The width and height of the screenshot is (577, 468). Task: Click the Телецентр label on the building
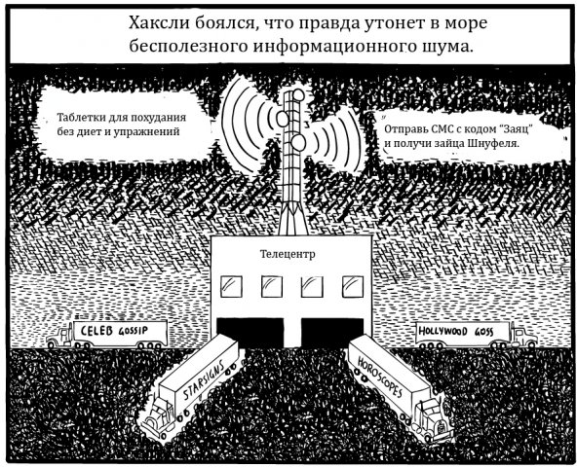(288, 254)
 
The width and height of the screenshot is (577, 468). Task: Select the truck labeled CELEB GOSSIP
(107, 335)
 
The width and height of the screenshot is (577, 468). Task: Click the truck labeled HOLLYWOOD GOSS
(477, 335)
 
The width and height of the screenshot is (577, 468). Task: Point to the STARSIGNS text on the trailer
(204, 380)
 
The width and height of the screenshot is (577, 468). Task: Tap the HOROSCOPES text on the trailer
(380, 378)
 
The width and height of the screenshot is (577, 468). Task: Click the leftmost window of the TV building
(231, 286)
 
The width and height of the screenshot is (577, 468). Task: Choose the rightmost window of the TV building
(353, 286)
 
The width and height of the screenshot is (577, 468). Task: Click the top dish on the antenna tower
(298, 95)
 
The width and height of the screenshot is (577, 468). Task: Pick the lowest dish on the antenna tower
(297, 142)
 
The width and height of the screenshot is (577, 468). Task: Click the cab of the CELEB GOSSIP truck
(59, 336)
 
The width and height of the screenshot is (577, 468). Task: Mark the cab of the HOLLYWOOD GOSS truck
(524, 336)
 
